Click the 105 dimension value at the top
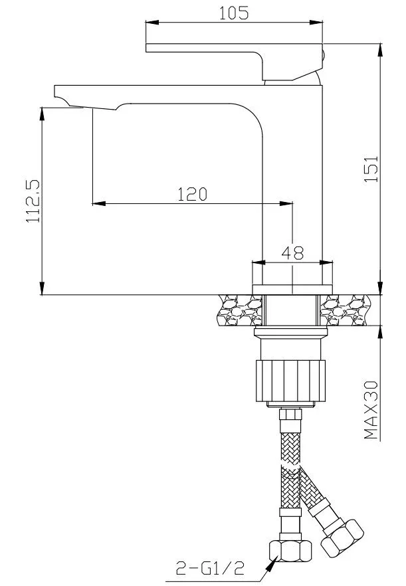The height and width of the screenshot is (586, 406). click(234, 13)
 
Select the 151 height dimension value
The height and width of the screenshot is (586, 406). click(371, 169)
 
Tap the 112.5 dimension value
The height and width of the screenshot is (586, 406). click(33, 201)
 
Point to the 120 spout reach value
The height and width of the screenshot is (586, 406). click(192, 194)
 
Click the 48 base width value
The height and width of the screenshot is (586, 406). click(292, 252)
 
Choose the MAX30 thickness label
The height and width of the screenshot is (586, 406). click(371, 410)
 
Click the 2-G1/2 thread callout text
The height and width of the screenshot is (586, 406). click(210, 569)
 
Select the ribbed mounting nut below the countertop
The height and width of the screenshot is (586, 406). click(290, 381)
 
